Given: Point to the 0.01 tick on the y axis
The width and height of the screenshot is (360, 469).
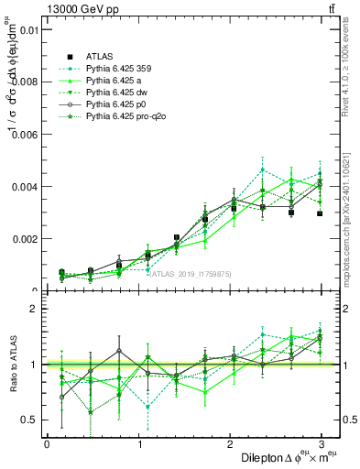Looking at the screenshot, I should pos(26,29).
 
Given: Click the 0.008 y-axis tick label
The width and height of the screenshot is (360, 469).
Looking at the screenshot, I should pos(23,82).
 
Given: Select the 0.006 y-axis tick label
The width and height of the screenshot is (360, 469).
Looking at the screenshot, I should pos(23,134).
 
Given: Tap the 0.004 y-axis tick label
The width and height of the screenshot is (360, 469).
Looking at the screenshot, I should pos(23,186).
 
